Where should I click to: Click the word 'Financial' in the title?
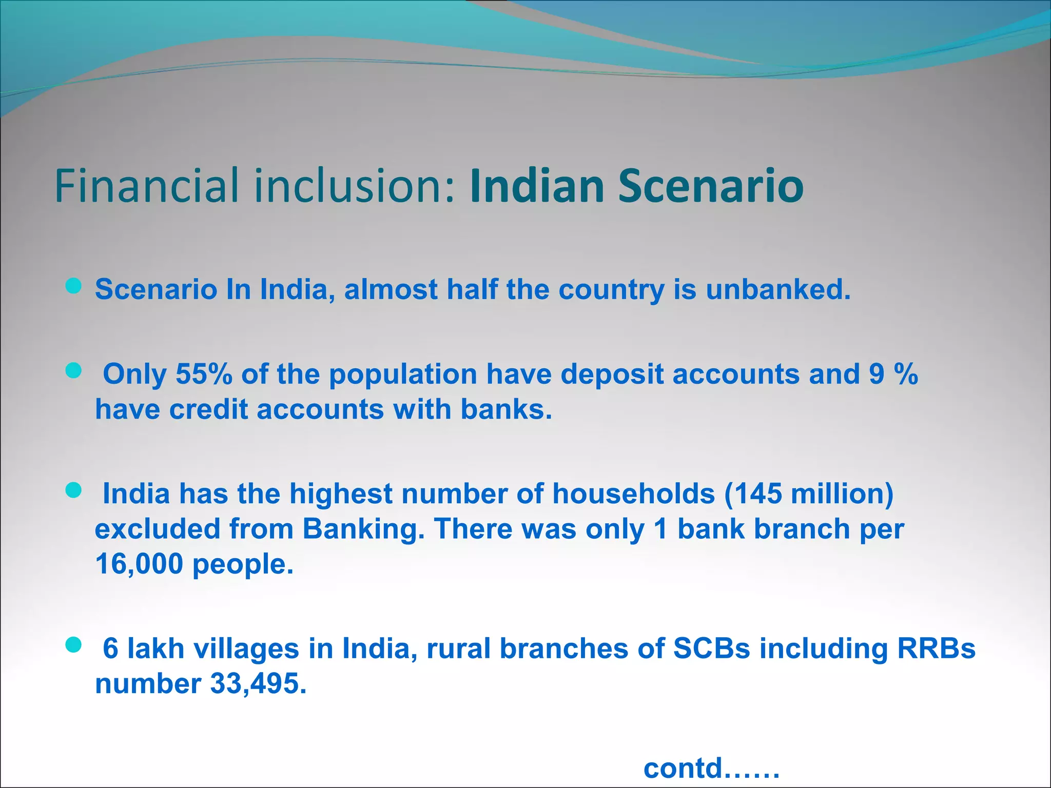(x=147, y=185)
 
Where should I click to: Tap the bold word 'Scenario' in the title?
(x=711, y=185)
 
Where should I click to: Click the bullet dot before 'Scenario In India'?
(x=74, y=286)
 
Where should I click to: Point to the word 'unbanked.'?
(x=778, y=289)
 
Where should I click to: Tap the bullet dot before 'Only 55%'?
(x=74, y=371)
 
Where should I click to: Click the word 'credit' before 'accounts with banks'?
(x=208, y=409)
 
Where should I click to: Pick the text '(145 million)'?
(x=809, y=494)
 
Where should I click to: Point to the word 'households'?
(x=633, y=494)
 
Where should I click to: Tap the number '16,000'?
(x=139, y=564)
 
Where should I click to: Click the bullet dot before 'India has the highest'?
(x=74, y=490)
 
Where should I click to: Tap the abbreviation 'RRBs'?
(x=936, y=648)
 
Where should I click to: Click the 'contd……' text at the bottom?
(x=711, y=769)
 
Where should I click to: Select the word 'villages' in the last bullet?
(x=246, y=648)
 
